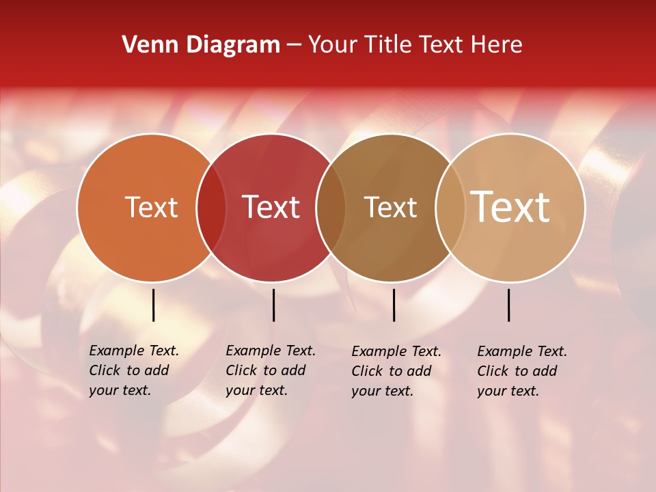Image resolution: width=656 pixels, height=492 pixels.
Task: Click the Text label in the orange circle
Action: coord(151,208)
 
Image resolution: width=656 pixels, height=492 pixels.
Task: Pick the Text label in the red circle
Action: coord(271,208)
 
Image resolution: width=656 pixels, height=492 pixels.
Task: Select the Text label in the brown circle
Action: coord(390,208)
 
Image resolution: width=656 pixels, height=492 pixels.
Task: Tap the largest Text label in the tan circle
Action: coord(510,208)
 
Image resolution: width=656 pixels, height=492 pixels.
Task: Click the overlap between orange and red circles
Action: coord(211,208)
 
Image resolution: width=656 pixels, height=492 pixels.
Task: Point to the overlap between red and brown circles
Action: coord(331,208)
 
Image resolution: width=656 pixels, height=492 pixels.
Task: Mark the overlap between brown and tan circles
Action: coord(450,208)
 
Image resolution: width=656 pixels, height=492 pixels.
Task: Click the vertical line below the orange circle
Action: coord(153,305)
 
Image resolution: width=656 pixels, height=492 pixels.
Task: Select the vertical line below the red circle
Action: coord(273,305)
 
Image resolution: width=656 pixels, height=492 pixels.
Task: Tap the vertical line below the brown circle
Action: coord(394,305)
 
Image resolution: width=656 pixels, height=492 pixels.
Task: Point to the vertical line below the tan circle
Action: coord(508,305)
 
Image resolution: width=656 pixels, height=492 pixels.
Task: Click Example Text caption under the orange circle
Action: coord(133,370)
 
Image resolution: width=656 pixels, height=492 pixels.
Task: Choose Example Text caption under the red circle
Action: coord(270,370)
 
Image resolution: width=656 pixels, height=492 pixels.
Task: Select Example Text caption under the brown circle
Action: coord(396,371)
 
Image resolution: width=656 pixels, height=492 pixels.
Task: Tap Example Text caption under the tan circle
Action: coord(521,371)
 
